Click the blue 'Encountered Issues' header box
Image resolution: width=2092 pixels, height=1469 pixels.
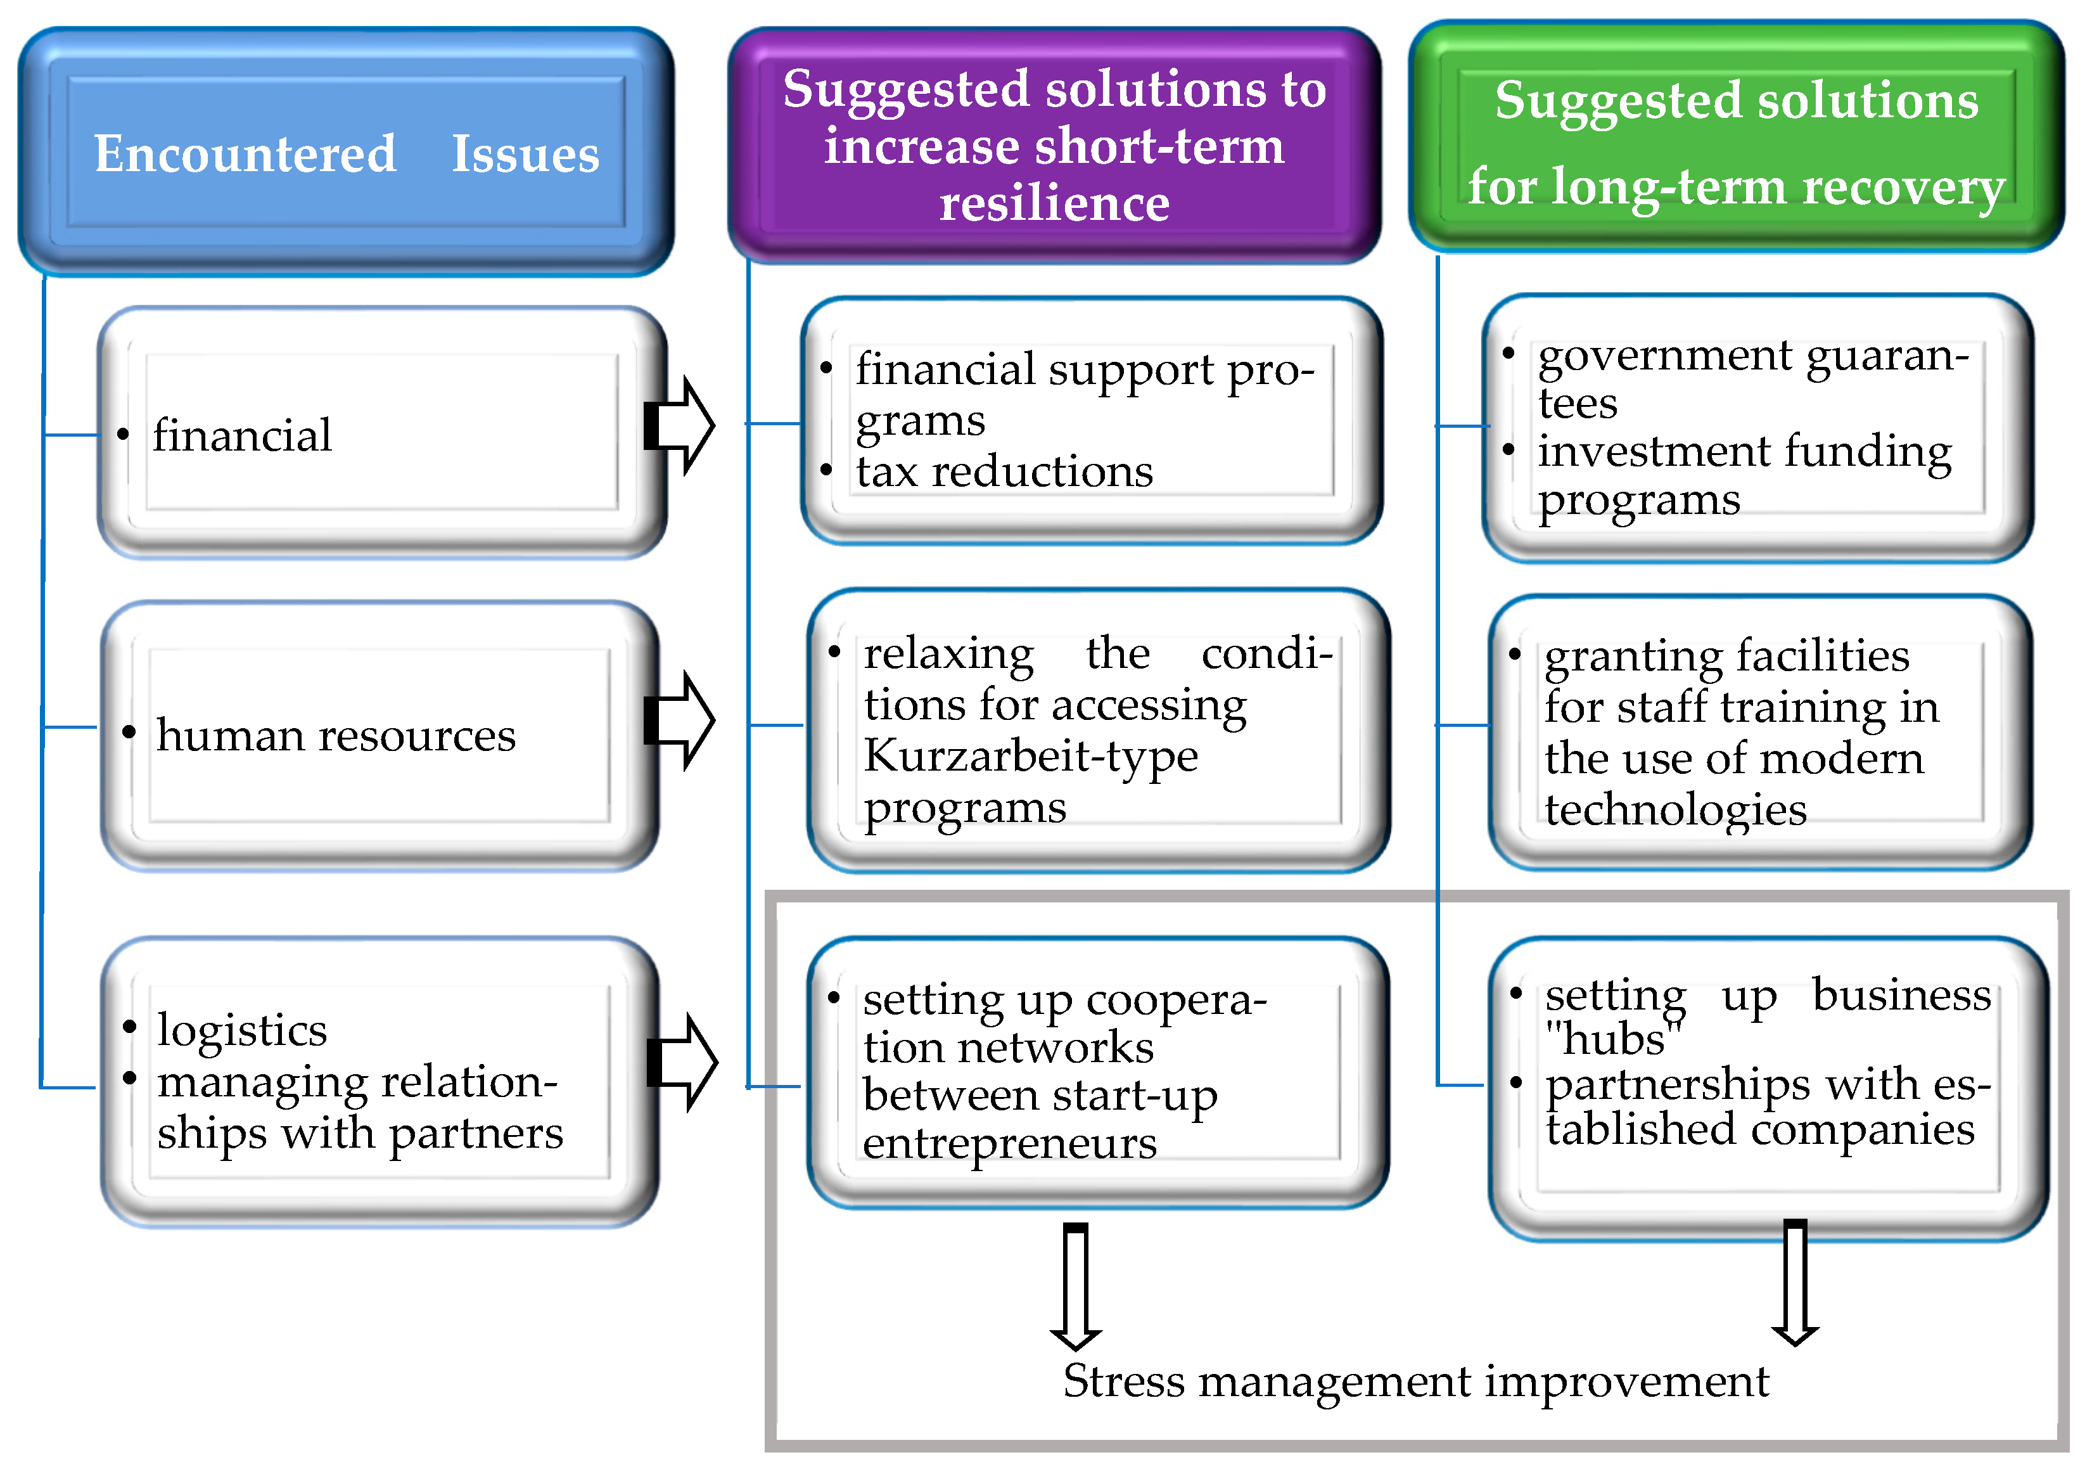(x=346, y=152)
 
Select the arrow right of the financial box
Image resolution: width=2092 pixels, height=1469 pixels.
(x=680, y=426)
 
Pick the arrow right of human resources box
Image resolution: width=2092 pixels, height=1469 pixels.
(x=680, y=721)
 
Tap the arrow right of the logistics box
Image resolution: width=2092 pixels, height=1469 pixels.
(x=684, y=1063)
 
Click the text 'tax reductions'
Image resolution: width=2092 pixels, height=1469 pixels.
(x=1004, y=472)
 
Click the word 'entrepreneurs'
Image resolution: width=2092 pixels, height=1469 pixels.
(x=1009, y=1143)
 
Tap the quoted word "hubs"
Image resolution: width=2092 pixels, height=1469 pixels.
(x=1614, y=1039)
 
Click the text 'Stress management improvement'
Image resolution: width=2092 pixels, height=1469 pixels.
(x=1415, y=1382)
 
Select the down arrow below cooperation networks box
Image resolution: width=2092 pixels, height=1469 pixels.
(x=1076, y=1286)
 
